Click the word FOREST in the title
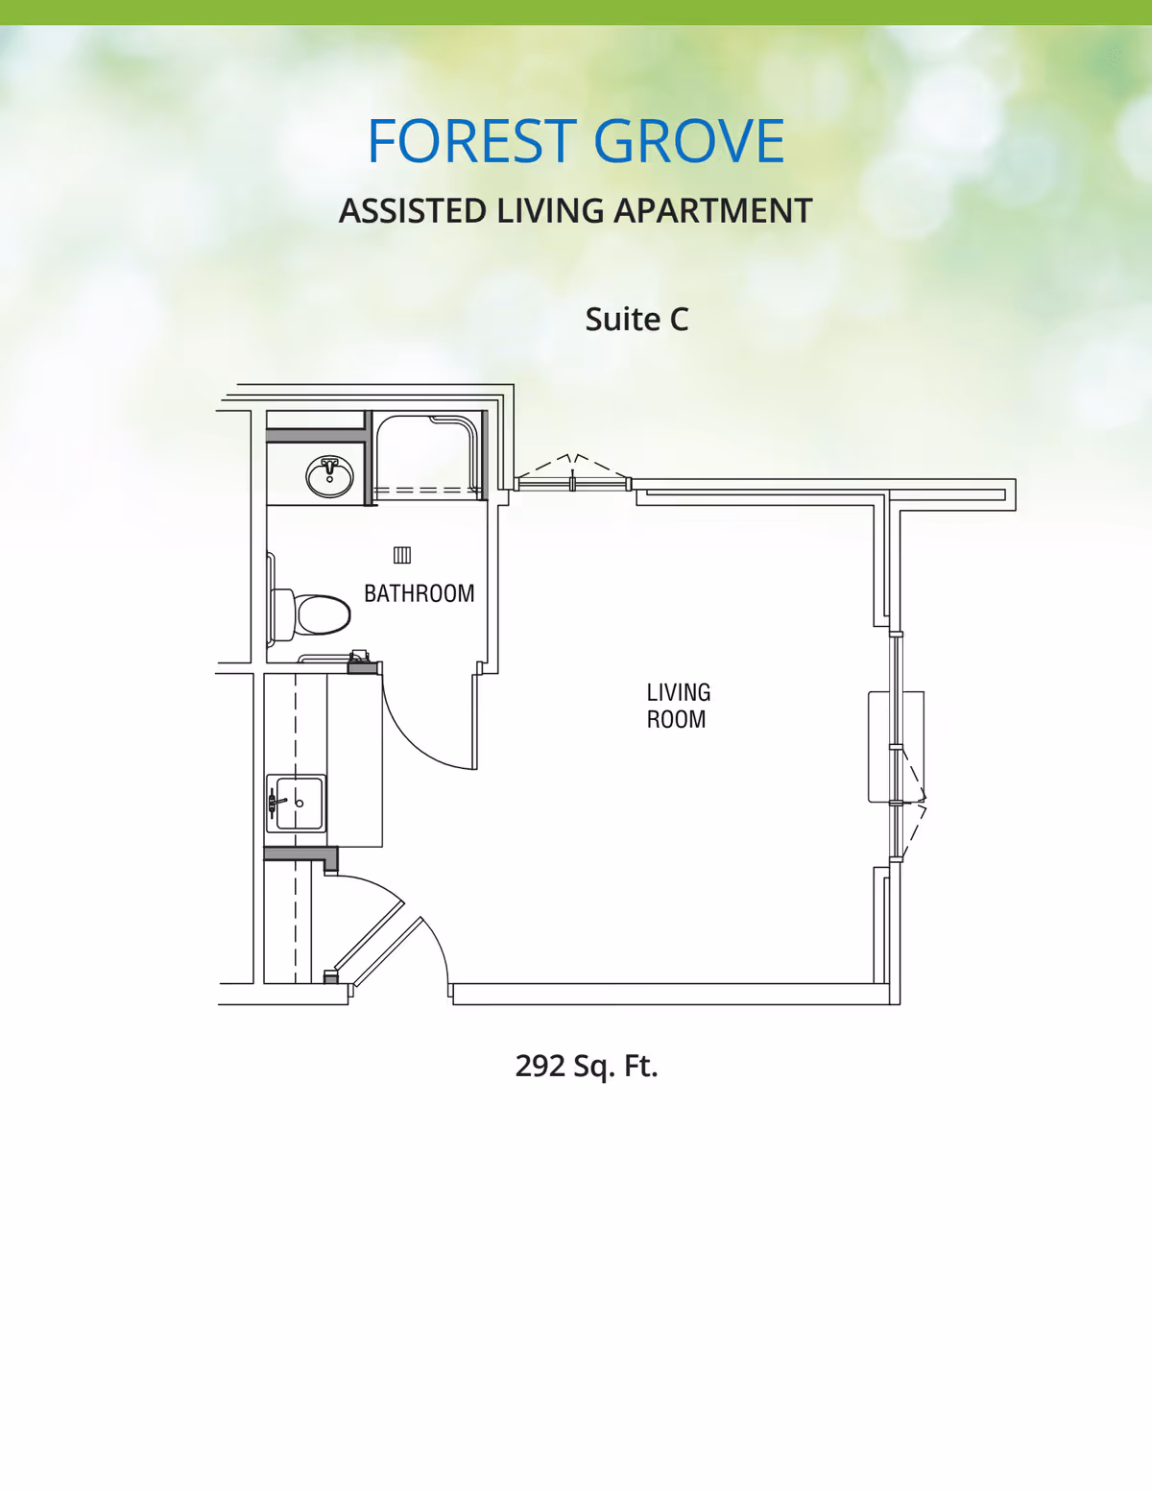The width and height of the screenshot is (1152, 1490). pos(472,140)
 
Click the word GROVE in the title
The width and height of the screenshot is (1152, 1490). pos(688,140)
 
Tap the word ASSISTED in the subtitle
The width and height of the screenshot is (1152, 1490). pos(413,210)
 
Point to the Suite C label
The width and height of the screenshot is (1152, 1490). pos(636,319)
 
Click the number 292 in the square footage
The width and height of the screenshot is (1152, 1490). pos(540,1066)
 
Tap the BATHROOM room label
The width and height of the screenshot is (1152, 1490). pos(419,593)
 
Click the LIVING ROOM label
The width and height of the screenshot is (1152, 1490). pos(678,706)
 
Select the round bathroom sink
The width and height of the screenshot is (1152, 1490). pos(329,476)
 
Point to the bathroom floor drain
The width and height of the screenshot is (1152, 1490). pos(402,555)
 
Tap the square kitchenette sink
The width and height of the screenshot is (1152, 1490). pos(296,803)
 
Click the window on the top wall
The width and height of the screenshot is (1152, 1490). pos(572,484)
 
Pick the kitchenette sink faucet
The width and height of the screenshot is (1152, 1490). pos(276,803)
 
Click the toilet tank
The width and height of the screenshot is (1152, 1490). pos(282,614)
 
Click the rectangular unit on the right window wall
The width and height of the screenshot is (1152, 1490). pos(896,747)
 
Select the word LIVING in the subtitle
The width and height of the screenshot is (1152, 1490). pos(550,210)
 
